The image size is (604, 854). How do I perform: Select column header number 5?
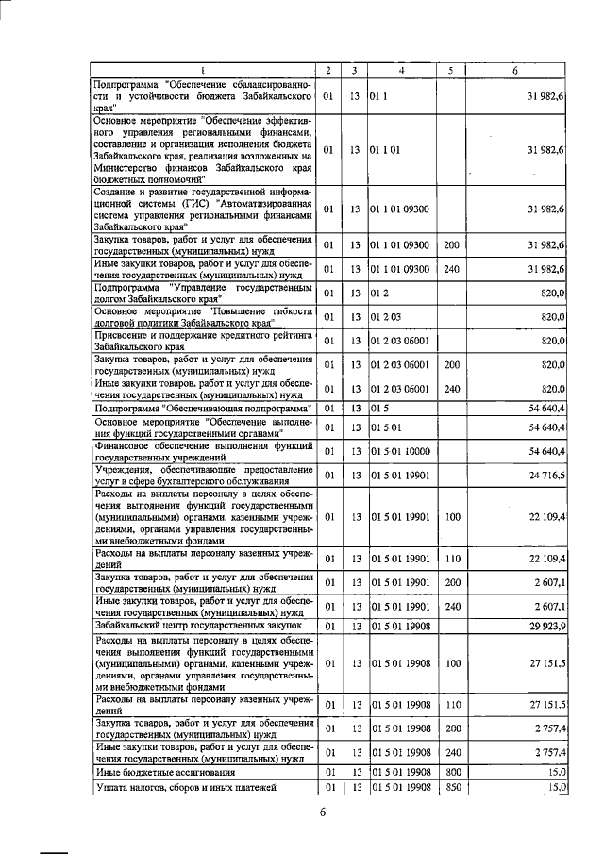(451, 71)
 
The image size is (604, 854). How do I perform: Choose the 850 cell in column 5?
(451, 787)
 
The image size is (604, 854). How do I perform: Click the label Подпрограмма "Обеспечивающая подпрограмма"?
(203, 409)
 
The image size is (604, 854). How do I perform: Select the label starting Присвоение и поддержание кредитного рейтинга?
(203, 340)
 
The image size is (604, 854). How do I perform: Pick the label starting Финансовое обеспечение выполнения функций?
(203, 451)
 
